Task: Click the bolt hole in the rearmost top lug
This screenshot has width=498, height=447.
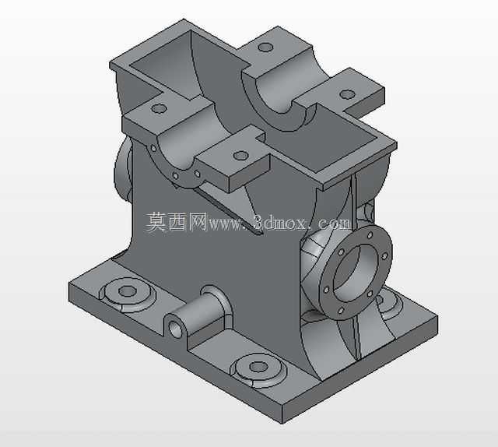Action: click(x=265, y=48)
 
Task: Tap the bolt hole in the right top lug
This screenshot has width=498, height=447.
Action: click(x=347, y=94)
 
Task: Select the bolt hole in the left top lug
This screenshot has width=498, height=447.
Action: click(x=159, y=109)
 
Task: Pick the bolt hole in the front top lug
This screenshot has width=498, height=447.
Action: click(x=240, y=156)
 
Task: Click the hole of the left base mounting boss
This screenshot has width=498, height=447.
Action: click(x=128, y=290)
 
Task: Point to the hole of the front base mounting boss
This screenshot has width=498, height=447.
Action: click(x=258, y=367)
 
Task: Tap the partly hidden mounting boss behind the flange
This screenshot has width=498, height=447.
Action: click(x=388, y=302)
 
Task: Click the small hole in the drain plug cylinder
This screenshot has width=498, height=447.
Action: click(x=174, y=329)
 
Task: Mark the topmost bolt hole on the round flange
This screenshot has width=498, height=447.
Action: click(x=370, y=236)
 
